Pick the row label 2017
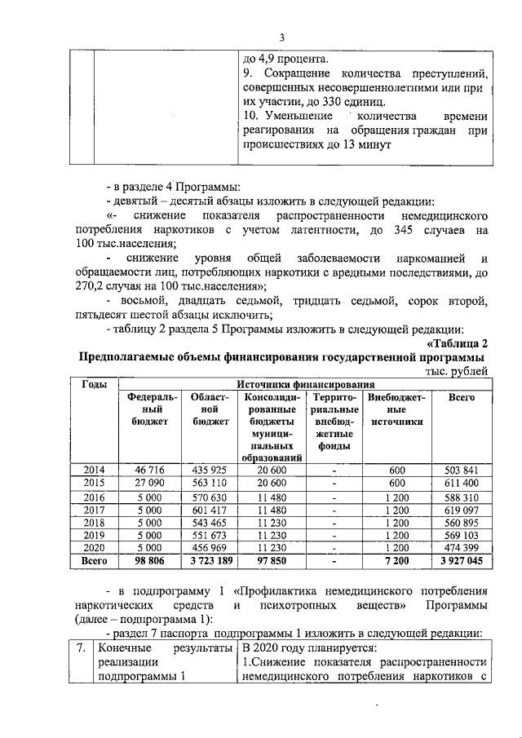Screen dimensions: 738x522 [95, 510]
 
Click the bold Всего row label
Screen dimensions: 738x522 [95, 562]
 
